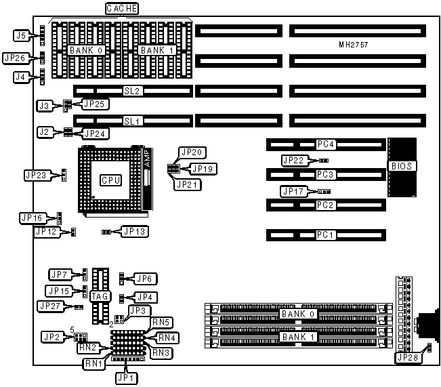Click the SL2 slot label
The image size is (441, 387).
tap(131, 91)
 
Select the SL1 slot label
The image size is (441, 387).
tap(131, 121)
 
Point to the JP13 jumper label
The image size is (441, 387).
tap(135, 232)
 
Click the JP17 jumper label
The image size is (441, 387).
tap(296, 192)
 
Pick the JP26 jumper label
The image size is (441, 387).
tap(16, 58)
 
